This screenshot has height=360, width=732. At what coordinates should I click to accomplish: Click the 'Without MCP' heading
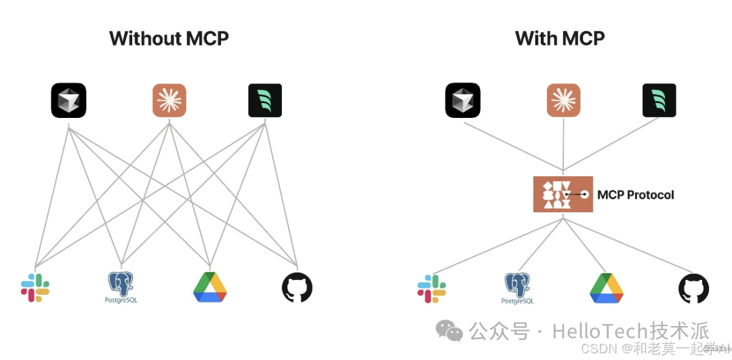(x=169, y=39)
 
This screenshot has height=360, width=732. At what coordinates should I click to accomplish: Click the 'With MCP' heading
(x=560, y=39)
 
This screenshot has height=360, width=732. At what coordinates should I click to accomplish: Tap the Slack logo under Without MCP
(x=35, y=287)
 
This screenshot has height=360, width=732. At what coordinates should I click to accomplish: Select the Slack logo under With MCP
(x=431, y=287)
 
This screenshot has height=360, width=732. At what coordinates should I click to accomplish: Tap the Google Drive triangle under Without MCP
(x=210, y=287)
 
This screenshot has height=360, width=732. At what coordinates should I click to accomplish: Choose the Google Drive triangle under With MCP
(x=607, y=287)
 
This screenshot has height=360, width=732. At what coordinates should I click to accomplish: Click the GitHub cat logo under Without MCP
(x=297, y=288)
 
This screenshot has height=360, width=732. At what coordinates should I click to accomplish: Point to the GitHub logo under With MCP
(x=693, y=288)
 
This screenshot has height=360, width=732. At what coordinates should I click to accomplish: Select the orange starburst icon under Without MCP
(x=169, y=100)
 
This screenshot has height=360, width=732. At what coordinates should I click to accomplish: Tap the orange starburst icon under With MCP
(x=564, y=100)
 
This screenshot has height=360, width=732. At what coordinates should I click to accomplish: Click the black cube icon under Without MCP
(x=68, y=100)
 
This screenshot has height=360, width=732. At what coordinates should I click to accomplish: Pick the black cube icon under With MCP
(x=463, y=100)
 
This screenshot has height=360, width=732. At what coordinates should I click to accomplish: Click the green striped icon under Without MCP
(x=264, y=100)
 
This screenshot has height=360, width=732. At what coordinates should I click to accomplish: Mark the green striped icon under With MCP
(x=659, y=100)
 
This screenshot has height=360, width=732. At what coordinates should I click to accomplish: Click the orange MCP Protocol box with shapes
(x=563, y=195)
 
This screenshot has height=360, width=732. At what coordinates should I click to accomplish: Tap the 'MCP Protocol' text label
(x=636, y=195)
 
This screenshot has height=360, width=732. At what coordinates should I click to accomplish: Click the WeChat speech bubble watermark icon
(x=449, y=331)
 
